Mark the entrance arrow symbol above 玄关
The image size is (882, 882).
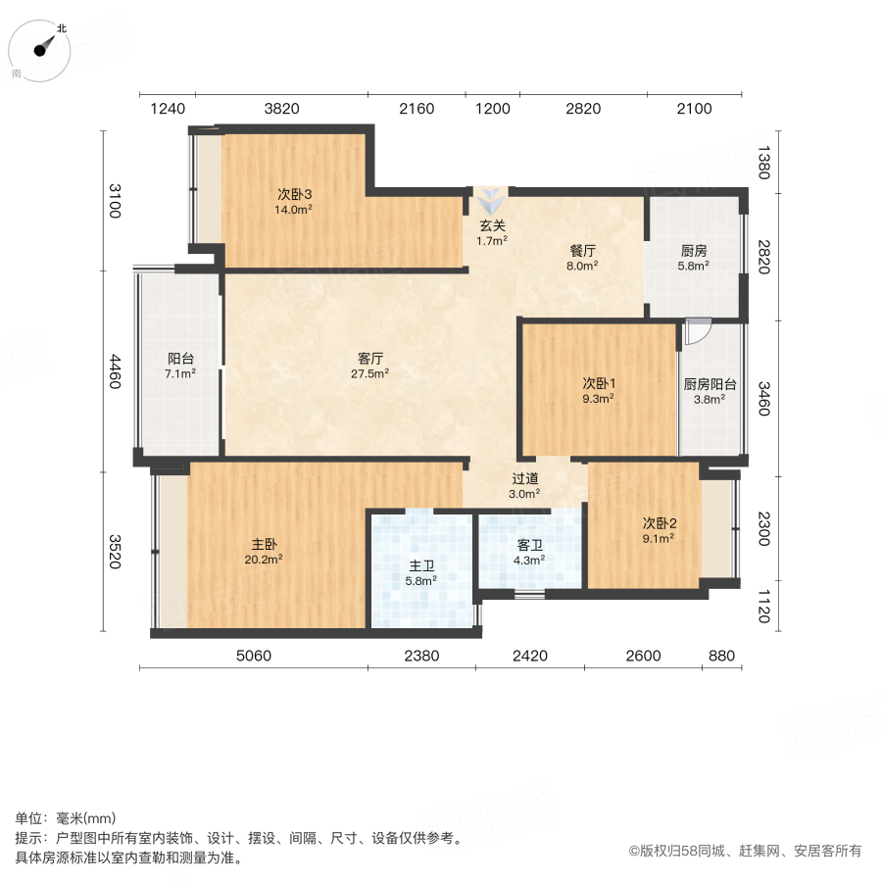pyautogui.click(x=491, y=204)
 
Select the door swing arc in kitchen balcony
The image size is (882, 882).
pyautogui.click(x=697, y=332)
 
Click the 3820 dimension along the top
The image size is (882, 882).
pyautogui.click(x=281, y=108)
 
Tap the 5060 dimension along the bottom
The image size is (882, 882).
pyautogui.click(x=254, y=656)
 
